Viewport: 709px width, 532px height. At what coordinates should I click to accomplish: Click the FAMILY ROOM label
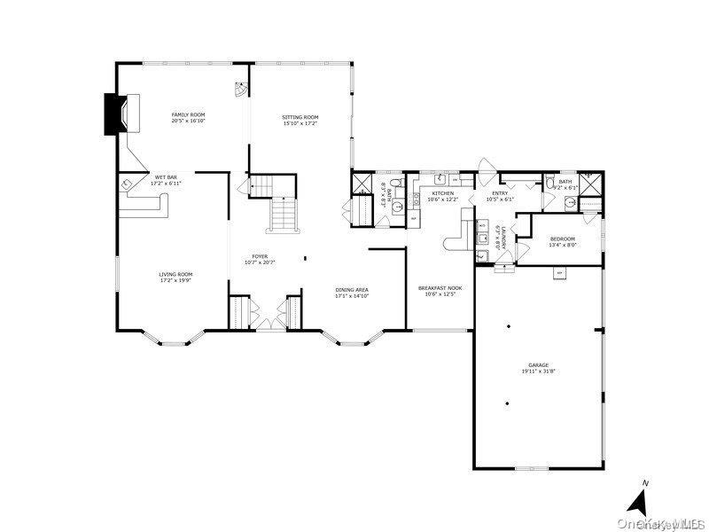[188, 114]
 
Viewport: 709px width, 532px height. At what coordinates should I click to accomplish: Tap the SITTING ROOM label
[300, 117]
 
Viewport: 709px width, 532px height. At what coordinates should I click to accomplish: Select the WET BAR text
[167, 177]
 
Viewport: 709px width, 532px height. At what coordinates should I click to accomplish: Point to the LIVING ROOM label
[175, 275]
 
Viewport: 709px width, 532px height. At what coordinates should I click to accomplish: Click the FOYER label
[260, 256]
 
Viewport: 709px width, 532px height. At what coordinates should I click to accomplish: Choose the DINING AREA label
[352, 290]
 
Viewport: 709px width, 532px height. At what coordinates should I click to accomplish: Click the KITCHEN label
[442, 193]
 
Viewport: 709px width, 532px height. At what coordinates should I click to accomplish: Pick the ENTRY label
[500, 193]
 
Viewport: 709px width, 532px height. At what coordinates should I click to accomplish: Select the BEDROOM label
[562, 239]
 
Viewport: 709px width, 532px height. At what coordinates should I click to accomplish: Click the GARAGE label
[539, 364]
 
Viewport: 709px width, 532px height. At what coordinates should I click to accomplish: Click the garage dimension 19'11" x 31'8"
[539, 371]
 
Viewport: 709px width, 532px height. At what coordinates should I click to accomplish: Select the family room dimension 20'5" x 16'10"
[188, 121]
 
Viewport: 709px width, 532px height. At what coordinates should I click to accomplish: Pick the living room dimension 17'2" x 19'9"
[175, 281]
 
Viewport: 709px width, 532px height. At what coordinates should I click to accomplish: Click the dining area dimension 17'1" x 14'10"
[352, 296]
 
